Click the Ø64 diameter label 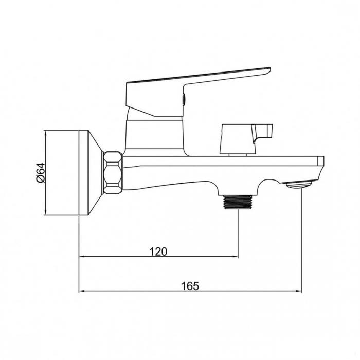point(41,172)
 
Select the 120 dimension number point(158,251)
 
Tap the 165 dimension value point(190,286)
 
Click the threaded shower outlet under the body point(238,202)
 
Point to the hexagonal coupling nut point(113,173)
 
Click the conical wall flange point(91,173)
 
